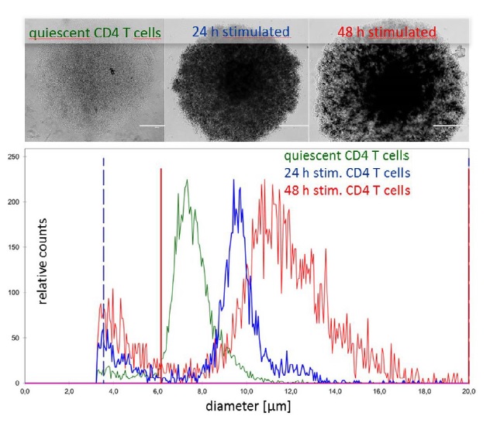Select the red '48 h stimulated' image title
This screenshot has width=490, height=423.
point(386,32)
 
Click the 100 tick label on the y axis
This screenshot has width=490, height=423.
point(12,293)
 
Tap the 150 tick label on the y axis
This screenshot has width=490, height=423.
point(12,248)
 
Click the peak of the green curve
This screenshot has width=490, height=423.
point(187,180)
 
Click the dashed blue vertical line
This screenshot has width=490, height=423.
point(103,232)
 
